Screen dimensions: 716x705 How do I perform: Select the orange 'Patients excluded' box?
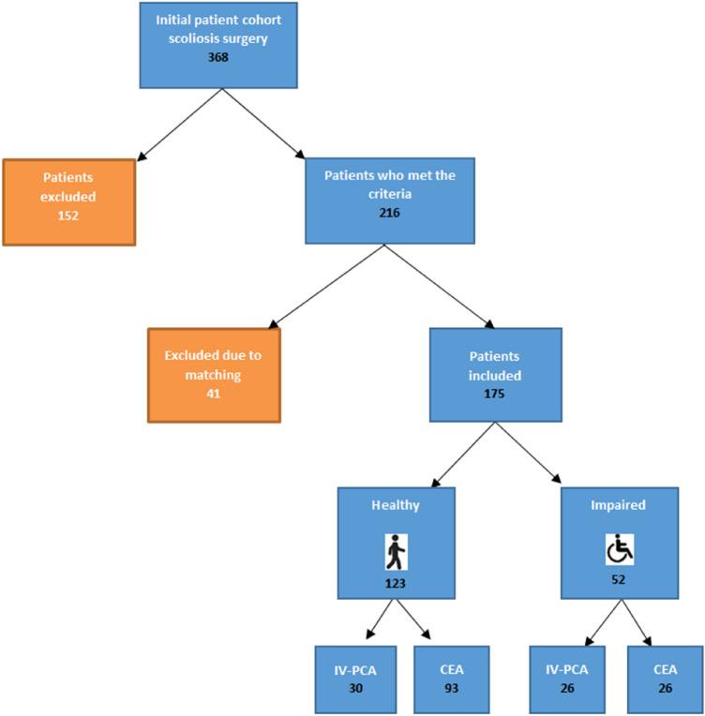(68, 202)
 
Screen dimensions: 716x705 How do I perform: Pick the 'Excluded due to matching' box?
(214, 375)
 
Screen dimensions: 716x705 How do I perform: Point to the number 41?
(214, 392)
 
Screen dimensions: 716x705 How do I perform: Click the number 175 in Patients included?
(495, 394)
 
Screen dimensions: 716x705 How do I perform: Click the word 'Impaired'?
(620, 504)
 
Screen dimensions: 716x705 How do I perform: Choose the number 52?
(620, 578)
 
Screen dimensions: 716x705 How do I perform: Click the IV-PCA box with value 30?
(349, 679)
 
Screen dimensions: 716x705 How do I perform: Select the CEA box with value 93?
(451, 679)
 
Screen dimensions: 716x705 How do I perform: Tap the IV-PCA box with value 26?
(566, 679)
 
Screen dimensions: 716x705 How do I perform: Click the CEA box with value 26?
(667, 679)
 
